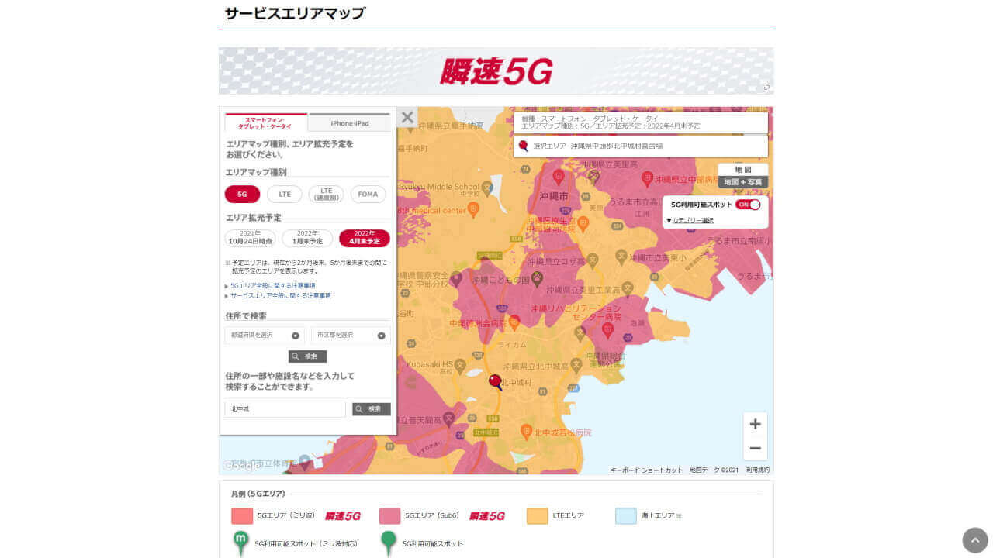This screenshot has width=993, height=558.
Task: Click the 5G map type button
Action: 242,194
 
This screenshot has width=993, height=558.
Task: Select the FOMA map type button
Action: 368,194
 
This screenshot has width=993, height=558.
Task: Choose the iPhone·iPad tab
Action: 349,123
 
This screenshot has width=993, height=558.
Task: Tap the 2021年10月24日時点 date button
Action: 250,238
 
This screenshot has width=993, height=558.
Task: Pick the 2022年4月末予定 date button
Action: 364,238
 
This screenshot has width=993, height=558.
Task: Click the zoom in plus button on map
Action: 755,424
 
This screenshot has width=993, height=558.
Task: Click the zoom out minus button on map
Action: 755,448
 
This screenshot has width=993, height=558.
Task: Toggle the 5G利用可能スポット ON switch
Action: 748,205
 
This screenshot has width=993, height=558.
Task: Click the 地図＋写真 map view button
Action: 742,182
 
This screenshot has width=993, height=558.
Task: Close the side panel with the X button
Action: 407,118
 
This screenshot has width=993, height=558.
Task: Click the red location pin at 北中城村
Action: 495,381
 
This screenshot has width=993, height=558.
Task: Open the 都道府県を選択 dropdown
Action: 264,336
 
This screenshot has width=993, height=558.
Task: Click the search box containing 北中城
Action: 285,408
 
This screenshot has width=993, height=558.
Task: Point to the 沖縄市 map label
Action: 553,196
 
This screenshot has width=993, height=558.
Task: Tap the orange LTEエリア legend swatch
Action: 537,515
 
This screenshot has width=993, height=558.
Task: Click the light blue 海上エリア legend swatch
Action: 625,515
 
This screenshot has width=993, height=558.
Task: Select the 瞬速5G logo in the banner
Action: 496,71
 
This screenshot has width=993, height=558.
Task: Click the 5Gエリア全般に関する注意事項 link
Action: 272,285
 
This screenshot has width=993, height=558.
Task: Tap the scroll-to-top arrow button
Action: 975,540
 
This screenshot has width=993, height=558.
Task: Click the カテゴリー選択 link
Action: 692,220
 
